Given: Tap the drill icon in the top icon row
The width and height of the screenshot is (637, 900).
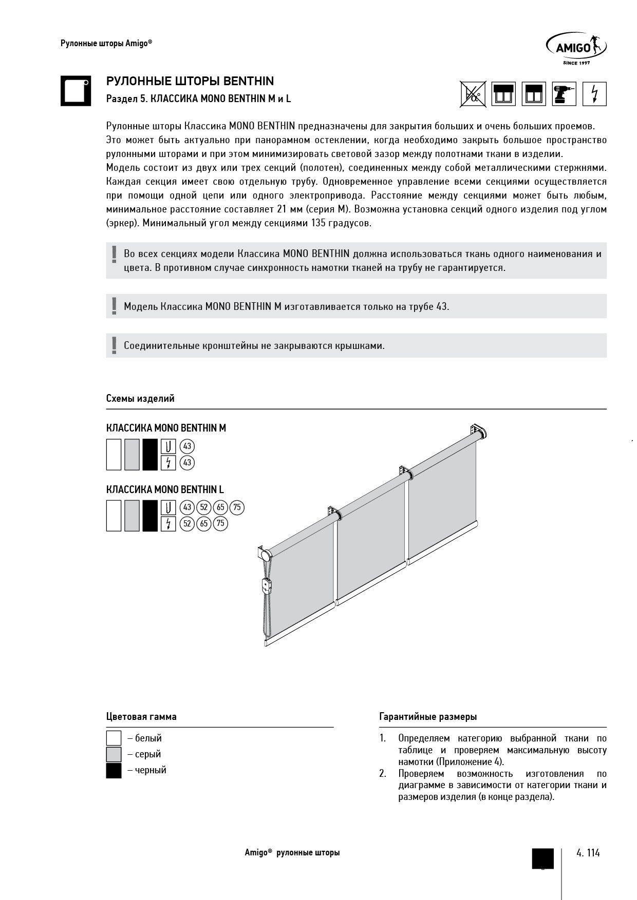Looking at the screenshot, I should click(564, 94).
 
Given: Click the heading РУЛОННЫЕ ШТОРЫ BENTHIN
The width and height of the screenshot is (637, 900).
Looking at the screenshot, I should click(190, 81).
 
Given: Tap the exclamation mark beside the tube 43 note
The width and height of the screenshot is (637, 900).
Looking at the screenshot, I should click(114, 306).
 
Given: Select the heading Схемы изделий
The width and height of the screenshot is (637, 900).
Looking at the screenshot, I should click(140, 398).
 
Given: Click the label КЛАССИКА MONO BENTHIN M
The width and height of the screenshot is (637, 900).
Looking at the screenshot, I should click(166, 428).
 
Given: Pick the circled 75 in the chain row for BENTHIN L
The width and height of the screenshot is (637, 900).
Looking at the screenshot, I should click(237, 507).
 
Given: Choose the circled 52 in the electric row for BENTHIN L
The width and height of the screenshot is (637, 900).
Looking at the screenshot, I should click(188, 523).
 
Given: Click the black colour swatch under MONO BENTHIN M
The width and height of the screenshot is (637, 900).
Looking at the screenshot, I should click(150, 455).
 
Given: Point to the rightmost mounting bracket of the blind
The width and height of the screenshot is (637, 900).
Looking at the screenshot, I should click(478, 429).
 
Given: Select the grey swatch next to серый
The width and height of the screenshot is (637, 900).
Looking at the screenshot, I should click(114, 754).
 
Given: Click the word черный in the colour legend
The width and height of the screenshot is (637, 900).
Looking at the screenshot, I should click(151, 770).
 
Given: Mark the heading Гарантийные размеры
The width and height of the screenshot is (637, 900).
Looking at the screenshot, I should click(427, 717).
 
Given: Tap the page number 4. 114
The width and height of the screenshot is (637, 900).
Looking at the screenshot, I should click(588, 853).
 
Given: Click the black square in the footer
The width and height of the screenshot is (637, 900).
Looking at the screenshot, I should click(542, 858).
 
